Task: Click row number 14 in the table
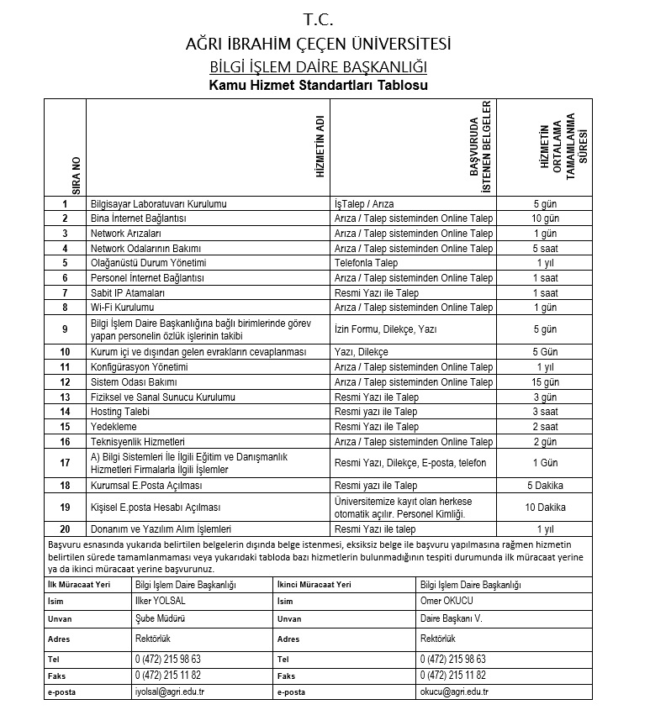point(65,412)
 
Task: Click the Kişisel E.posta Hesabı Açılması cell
point(155,508)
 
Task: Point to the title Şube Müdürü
point(159,619)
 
